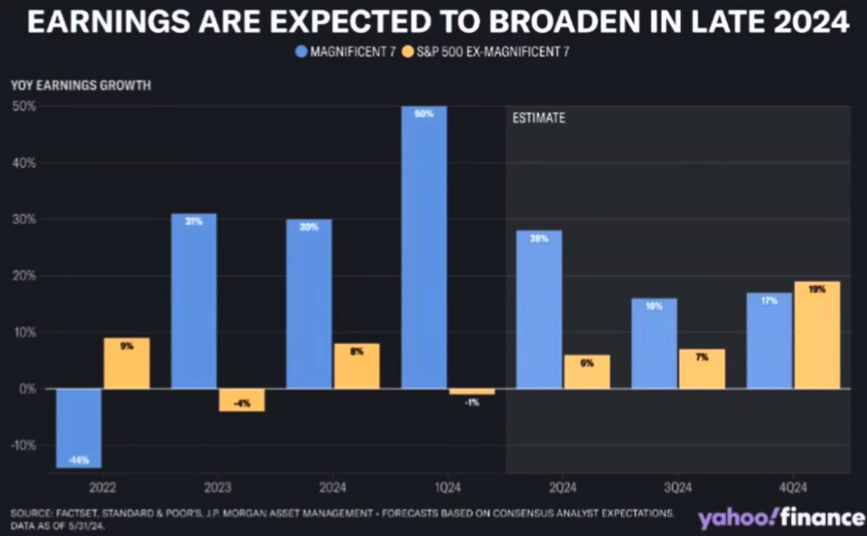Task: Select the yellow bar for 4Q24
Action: (817, 335)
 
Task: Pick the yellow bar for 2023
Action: (242, 400)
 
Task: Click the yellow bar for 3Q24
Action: (702, 369)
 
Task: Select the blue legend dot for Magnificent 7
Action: (300, 52)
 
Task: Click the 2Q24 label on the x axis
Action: (562, 488)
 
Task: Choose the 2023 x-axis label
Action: (218, 488)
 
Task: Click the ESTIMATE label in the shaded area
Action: (539, 118)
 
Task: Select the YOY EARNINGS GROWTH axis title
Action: (81, 85)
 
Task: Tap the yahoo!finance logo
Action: (780, 517)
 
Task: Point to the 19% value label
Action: (817, 290)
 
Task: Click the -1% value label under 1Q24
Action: (472, 402)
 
